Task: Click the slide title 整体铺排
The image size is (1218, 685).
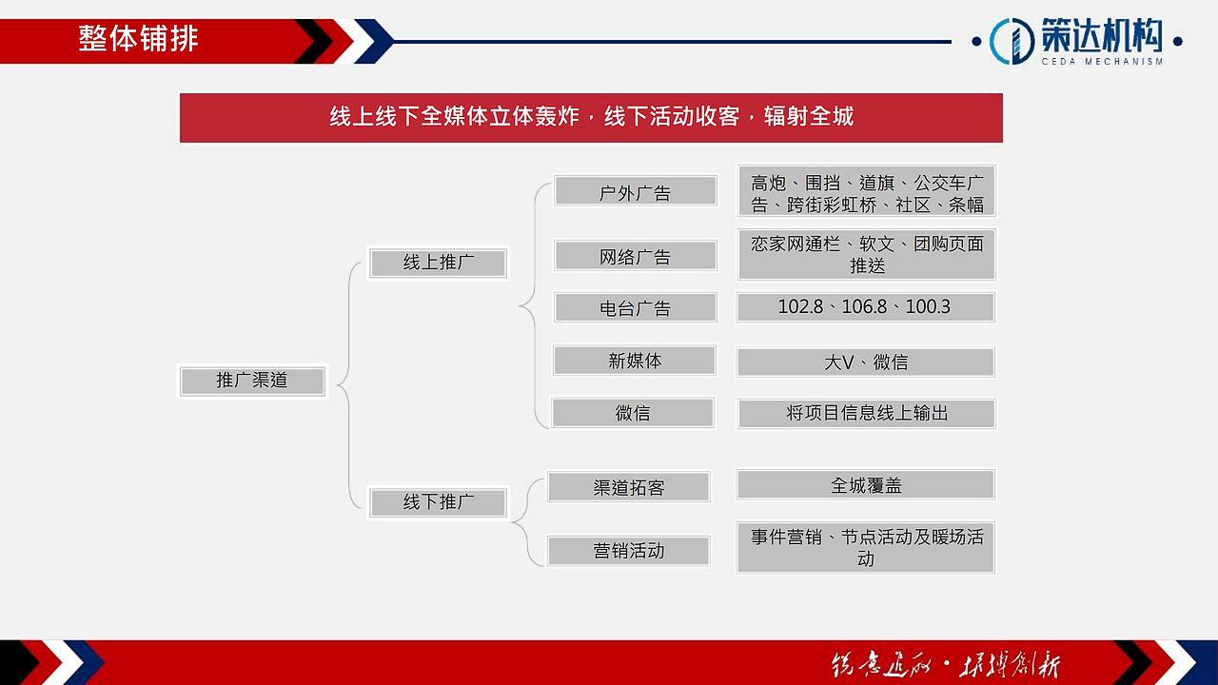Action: (x=139, y=39)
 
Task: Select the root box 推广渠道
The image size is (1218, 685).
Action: (x=252, y=381)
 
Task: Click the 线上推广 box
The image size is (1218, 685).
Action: (x=438, y=263)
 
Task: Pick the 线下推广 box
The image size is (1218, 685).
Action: (x=438, y=502)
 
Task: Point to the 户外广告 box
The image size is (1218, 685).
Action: (x=635, y=192)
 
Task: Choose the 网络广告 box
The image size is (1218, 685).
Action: (x=635, y=256)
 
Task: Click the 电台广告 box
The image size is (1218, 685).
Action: (x=635, y=308)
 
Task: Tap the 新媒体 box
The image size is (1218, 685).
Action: (x=635, y=361)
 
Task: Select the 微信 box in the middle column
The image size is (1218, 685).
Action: (x=633, y=413)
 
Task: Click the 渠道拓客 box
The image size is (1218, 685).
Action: (x=628, y=487)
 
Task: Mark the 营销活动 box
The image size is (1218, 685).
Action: (x=628, y=551)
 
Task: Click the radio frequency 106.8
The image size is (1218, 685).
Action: (x=864, y=306)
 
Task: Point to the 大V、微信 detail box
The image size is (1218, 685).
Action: (x=866, y=362)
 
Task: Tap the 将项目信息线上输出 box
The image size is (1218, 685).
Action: (x=866, y=413)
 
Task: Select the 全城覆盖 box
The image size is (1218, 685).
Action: (x=866, y=485)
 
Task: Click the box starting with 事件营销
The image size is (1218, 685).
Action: (x=866, y=547)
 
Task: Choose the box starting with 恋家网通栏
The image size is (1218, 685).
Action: (x=866, y=254)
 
